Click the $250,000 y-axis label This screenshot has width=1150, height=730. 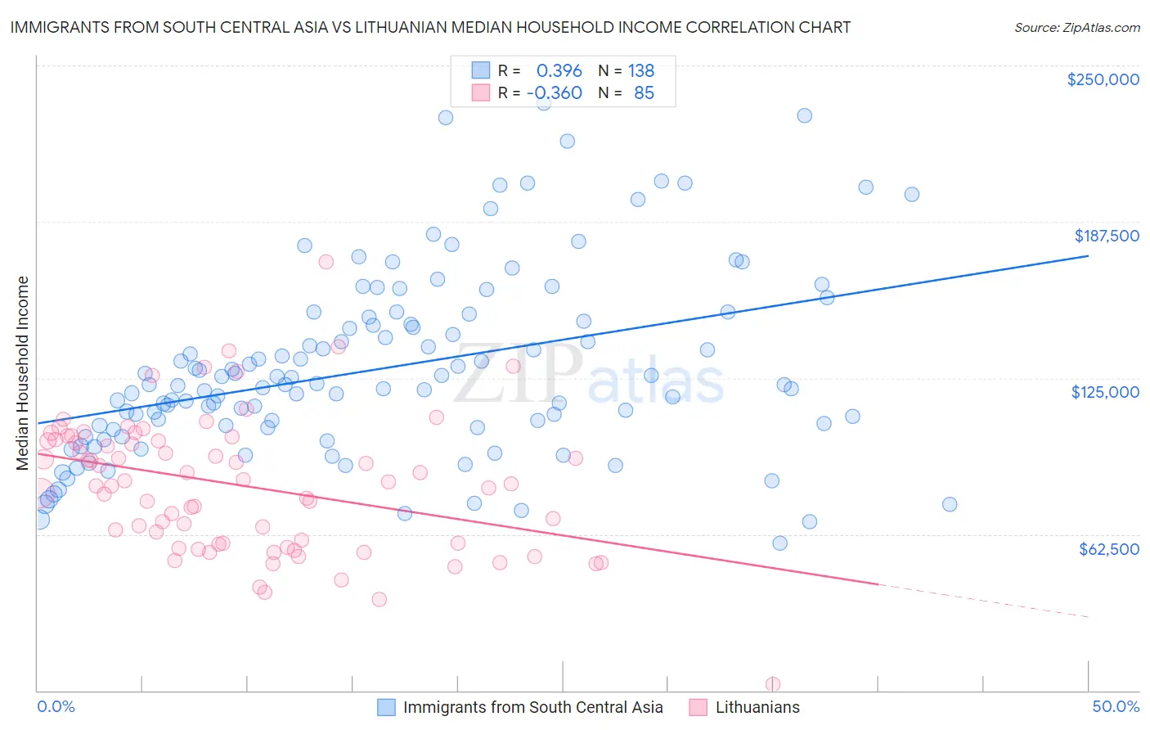click(1103, 79)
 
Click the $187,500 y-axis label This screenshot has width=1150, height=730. click(1106, 236)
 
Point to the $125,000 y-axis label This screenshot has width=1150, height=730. click(1105, 392)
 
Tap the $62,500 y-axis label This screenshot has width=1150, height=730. click(1108, 549)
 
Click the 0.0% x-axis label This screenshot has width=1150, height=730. click(56, 706)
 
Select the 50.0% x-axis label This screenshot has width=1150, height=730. click(1116, 706)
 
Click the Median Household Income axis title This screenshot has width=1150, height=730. click(22, 373)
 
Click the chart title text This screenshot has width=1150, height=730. click(430, 27)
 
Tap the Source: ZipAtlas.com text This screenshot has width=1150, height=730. click(1076, 27)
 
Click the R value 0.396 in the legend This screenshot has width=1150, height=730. click(559, 70)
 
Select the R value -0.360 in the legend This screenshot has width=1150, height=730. click(555, 92)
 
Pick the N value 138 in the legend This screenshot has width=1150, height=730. click(640, 70)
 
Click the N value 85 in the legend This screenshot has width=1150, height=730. click(644, 92)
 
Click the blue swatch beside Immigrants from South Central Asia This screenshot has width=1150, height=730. click(386, 707)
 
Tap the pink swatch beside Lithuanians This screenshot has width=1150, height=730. click(698, 707)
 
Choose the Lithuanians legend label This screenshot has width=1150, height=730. click(757, 707)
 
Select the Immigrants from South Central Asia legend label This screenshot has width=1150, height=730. click(532, 707)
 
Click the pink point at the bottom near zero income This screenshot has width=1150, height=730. click(772, 684)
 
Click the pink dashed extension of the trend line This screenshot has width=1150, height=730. click(982, 601)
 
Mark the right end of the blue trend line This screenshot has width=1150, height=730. click(1088, 256)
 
